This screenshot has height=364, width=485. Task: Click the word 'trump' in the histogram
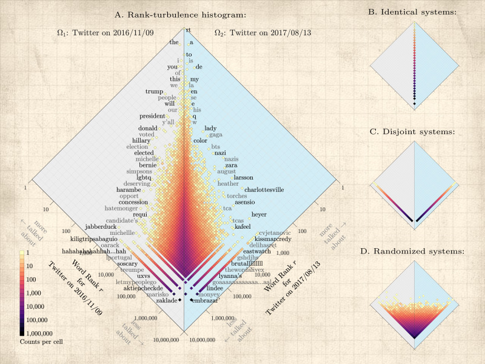155,92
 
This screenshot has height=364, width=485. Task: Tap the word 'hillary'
141,141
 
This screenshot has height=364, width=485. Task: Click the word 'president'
152,116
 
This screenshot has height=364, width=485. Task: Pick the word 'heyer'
259,214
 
